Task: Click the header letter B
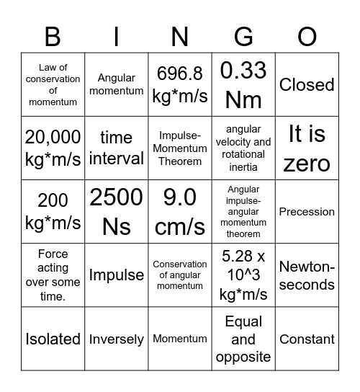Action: click(53, 35)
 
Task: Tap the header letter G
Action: click(243, 35)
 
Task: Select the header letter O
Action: click(307, 35)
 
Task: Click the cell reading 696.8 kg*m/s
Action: click(180, 85)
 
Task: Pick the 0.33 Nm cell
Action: click(243, 85)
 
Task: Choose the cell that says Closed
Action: click(307, 85)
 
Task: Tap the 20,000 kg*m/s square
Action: click(53, 148)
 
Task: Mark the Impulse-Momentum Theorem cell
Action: click(180, 148)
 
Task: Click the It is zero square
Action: click(307, 148)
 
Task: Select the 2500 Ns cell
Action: click(116, 212)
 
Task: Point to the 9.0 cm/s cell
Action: click(180, 212)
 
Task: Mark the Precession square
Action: click(307, 212)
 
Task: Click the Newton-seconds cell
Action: click(307, 275)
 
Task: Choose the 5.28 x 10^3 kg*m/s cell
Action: click(243, 275)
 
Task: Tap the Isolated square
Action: click(53, 339)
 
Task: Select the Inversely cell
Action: click(116, 339)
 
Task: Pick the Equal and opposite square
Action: click(243, 339)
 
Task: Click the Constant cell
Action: click(307, 339)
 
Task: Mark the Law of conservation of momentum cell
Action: click(53, 85)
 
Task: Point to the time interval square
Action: click(116, 148)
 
